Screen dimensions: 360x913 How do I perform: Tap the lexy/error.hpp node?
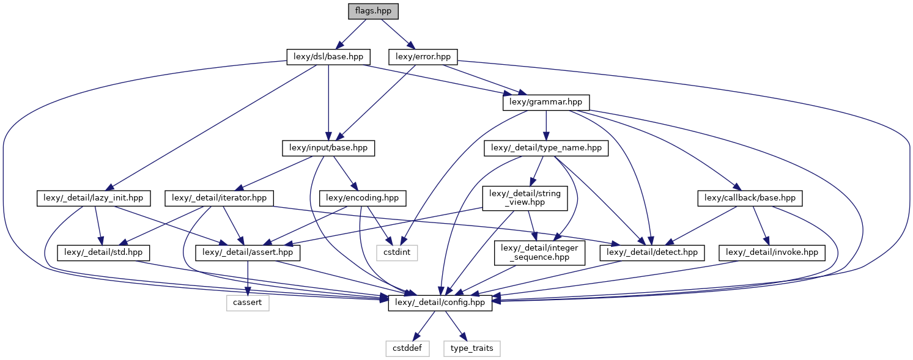423,57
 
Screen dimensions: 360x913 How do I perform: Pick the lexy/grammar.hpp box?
545,103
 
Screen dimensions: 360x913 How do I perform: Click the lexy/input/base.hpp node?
328,148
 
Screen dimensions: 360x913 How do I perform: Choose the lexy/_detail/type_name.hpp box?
546,148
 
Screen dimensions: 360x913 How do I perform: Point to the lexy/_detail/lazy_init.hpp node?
94,198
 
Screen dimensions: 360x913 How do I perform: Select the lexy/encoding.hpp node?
363,198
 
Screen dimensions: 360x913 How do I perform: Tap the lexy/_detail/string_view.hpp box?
526,198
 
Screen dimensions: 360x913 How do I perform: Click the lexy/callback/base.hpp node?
750,198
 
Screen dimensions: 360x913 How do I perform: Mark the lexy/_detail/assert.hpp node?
248,252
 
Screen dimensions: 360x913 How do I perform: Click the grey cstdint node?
397,252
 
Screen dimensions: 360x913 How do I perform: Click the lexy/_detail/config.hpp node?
440,303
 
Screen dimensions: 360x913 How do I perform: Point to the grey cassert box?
248,303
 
